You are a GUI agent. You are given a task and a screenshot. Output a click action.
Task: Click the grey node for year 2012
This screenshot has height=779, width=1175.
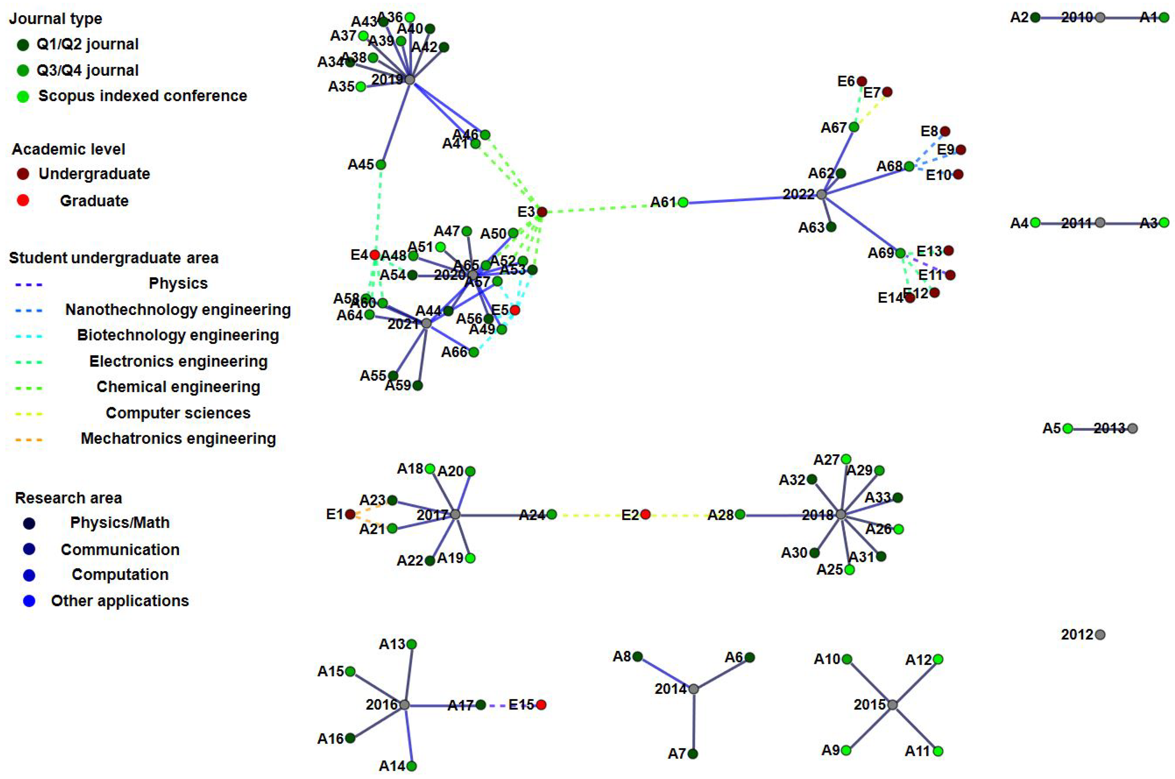coord(1100,635)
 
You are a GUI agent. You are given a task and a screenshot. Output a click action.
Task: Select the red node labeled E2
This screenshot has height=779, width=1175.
coord(645,514)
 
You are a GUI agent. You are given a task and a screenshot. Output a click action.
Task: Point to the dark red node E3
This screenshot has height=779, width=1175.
coord(542,212)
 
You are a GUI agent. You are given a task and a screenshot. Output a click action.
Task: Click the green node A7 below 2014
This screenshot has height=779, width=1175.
coord(693,754)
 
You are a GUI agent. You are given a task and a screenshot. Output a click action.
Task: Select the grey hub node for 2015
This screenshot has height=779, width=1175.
coord(892,704)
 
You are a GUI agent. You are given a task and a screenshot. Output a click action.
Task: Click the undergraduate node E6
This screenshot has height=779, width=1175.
coord(862,81)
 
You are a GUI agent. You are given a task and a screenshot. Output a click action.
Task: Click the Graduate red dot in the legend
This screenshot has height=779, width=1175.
coord(23,200)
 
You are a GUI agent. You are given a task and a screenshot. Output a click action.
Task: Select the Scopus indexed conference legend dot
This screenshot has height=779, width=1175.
coord(23,96)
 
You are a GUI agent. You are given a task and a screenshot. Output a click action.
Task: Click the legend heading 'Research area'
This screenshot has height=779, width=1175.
coord(68,498)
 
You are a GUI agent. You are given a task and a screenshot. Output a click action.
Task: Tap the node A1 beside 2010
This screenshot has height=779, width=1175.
coord(1164,17)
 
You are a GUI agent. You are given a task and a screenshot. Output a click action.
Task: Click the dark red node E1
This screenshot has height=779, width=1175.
coord(350,514)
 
